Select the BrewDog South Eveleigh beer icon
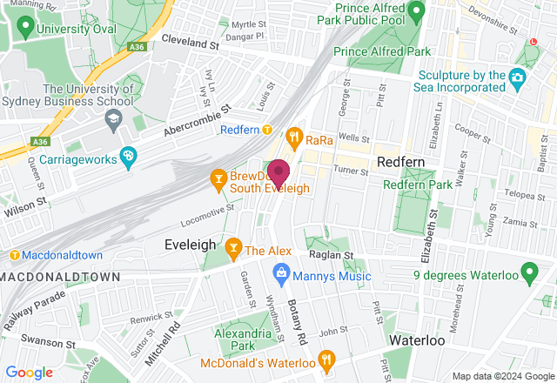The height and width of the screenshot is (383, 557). click(218, 180)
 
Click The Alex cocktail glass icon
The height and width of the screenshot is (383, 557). click(233, 250)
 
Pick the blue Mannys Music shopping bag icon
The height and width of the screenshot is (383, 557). click(281, 276)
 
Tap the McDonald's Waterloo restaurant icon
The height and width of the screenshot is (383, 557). click(326, 358)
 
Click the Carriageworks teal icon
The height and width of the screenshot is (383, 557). click(129, 157)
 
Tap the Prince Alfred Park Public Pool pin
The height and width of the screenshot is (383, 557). click(416, 11)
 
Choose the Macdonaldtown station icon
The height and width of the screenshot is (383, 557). click(15, 255)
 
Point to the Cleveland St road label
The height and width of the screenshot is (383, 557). click(191, 43)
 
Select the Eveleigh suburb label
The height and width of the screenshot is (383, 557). click(190, 245)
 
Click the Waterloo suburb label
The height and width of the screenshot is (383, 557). click(417, 339)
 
